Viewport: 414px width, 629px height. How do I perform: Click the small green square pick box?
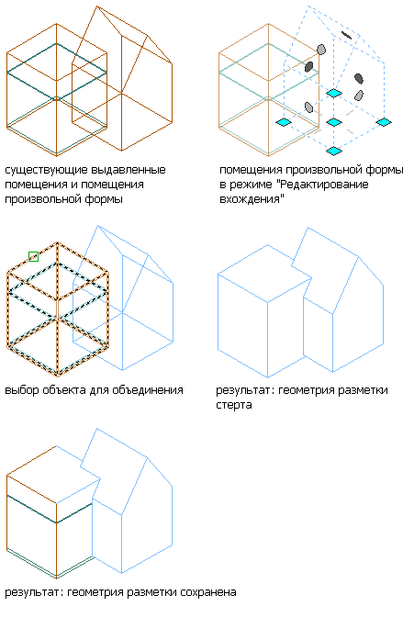[x=34, y=256]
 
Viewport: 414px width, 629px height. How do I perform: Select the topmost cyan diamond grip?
[x=334, y=93]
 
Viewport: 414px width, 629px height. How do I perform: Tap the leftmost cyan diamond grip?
[x=284, y=122]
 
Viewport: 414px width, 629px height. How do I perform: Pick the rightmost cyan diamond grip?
[x=384, y=122]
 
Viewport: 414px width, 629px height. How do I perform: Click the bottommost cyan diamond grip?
[x=334, y=151]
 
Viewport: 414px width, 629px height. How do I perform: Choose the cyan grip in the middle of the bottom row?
[x=334, y=122]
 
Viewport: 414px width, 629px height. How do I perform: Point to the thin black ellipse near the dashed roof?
[x=346, y=35]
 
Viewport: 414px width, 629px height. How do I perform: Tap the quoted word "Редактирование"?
[x=324, y=185]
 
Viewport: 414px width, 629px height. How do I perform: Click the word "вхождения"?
[x=252, y=199]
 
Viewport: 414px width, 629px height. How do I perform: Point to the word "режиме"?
[x=253, y=185]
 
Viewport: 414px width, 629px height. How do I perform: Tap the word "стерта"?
[x=234, y=405]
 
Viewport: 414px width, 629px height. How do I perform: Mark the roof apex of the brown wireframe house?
[x=97, y=6]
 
